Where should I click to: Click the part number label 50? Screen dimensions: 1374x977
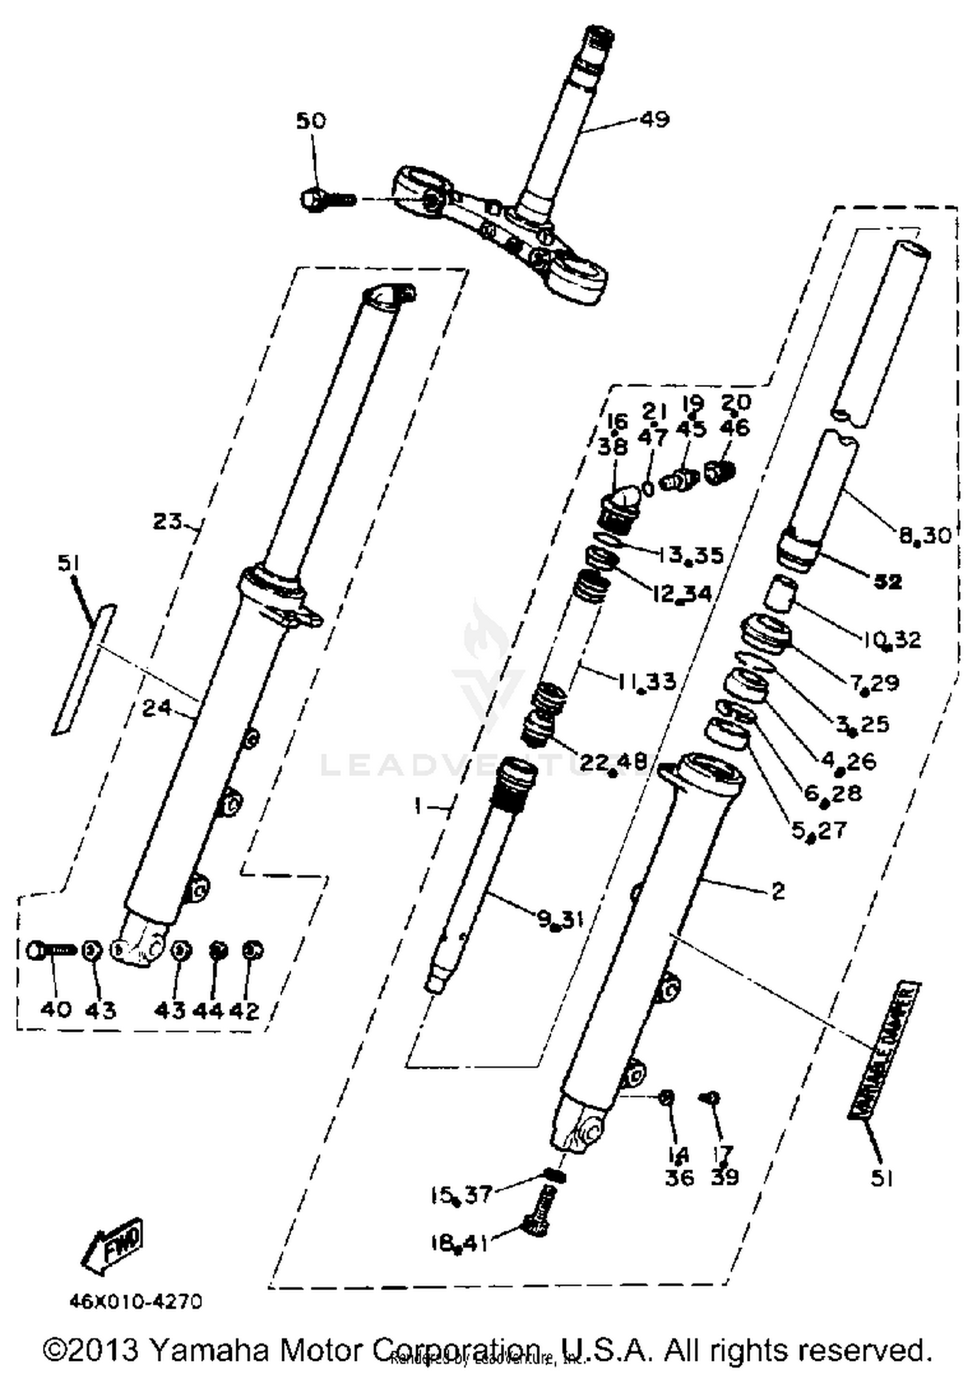(x=311, y=121)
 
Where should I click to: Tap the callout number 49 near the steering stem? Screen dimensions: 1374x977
(x=655, y=119)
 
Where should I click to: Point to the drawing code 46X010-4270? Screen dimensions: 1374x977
(x=135, y=1302)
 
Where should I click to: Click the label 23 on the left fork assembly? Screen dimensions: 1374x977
(x=168, y=521)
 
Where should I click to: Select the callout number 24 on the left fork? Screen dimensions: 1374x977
(x=157, y=708)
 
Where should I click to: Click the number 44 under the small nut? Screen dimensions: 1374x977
(x=207, y=1010)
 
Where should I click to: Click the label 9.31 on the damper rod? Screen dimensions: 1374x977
(x=559, y=920)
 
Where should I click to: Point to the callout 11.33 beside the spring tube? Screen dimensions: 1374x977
(x=646, y=681)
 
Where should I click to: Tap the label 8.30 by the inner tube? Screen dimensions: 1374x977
(x=925, y=536)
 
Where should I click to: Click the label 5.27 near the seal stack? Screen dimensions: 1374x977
(x=818, y=830)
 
